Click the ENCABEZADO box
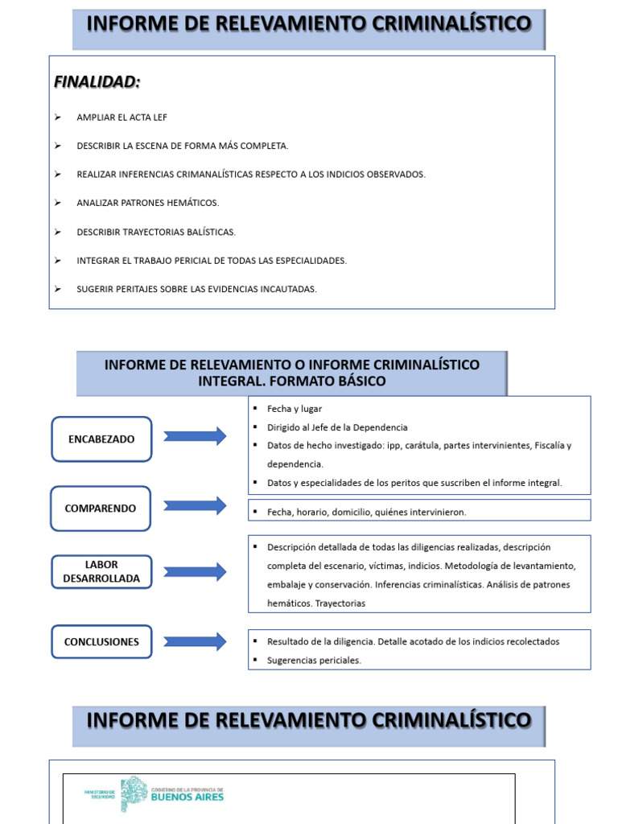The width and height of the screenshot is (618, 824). click(101, 439)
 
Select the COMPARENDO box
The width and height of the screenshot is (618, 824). click(101, 509)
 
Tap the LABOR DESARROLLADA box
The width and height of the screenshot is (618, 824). click(101, 571)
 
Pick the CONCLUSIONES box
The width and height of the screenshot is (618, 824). click(101, 642)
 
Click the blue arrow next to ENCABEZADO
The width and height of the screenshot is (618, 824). click(195, 437)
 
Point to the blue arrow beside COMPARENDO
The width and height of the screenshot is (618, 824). click(195, 506)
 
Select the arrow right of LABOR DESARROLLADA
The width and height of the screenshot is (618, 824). click(195, 572)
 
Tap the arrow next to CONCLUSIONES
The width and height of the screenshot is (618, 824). click(195, 641)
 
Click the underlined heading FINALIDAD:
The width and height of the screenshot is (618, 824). click(97, 82)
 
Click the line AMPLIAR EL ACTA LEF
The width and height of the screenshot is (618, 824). click(122, 117)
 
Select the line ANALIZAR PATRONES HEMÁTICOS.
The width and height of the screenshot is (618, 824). click(148, 203)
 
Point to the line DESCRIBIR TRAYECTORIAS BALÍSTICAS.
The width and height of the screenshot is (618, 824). click(156, 232)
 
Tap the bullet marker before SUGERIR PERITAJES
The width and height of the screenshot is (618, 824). click(58, 289)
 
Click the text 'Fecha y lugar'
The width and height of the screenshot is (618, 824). click(295, 409)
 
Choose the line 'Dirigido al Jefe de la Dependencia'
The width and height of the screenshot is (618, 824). click(337, 427)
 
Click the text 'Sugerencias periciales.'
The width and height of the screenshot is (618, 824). click(315, 660)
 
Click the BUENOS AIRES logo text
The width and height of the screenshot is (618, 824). click(187, 797)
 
